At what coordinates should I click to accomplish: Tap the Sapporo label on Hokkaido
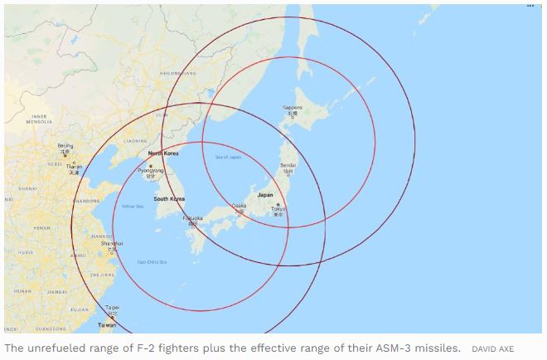click(292, 108)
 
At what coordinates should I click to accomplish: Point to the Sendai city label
click(288, 165)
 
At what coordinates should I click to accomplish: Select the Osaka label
click(239, 205)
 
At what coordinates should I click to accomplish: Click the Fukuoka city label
click(192, 220)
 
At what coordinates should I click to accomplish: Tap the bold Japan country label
click(265, 195)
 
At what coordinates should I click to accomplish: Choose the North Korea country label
click(162, 153)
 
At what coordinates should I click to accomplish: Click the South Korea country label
click(169, 199)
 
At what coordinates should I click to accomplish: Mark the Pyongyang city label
click(150, 170)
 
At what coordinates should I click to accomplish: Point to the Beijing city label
click(65, 146)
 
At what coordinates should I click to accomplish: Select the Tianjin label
click(74, 166)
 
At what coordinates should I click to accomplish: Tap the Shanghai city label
click(112, 243)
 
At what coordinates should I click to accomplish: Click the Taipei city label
click(113, 307)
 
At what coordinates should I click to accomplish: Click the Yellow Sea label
click(133, 206)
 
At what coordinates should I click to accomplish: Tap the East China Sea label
click(152, 262)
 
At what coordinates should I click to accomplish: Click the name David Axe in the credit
click(492, 348)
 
